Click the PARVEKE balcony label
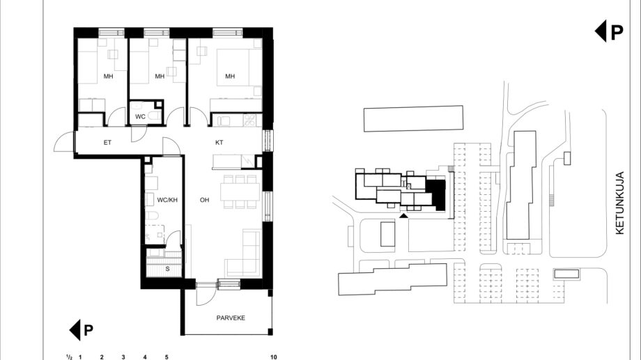[231, 318]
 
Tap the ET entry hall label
[107, 143]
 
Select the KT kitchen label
[219, 143]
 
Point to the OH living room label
[204, 200]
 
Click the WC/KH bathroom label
[167, 200]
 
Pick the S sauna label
[168, 269]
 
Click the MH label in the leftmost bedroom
[108, 76]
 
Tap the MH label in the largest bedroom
[230, 76]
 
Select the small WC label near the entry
[140, 117]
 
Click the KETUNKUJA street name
[619, 203]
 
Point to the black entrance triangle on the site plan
[403, 215]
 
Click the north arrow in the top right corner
[609, 32]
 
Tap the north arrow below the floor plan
[82, 330]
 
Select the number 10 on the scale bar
[274, 357]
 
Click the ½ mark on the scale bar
[70, 357]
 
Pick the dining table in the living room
[240, 192]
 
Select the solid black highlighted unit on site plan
[436, 195]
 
